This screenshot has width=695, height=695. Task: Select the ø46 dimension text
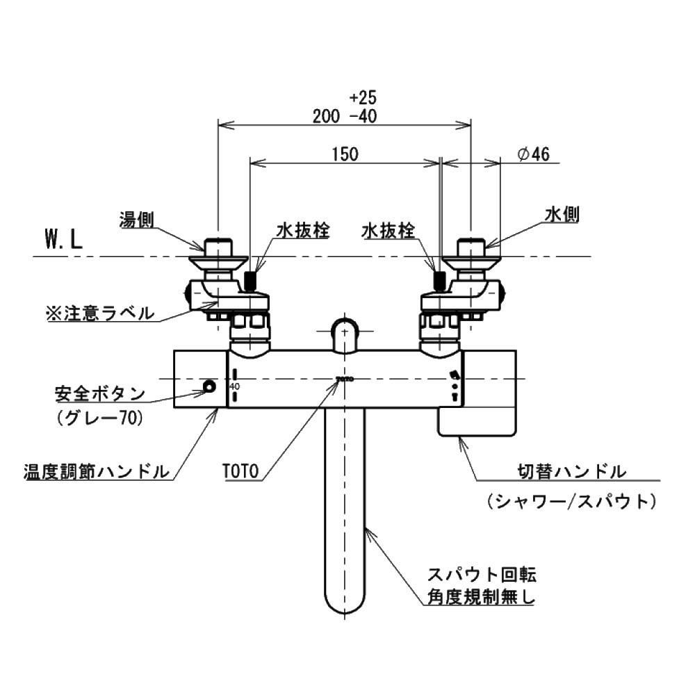(x=534, y=154)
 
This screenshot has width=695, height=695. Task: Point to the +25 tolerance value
(x=363, y=96)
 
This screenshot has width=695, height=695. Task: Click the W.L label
(x=64, y=241)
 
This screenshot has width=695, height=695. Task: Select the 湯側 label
(x=136, y=220)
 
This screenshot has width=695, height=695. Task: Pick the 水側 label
(x=562, y=216)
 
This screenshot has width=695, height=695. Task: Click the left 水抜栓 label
(x=304, y=230)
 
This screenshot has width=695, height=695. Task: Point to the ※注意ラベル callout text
(x=100, y=313)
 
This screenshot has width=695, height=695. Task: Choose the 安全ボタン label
(x=100, y=394)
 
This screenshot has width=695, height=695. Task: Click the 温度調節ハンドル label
(x=96, y=472)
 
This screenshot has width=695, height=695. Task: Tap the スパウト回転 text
(x=482, y=575)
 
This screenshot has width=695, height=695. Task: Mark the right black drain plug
(x=439, y=280)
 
